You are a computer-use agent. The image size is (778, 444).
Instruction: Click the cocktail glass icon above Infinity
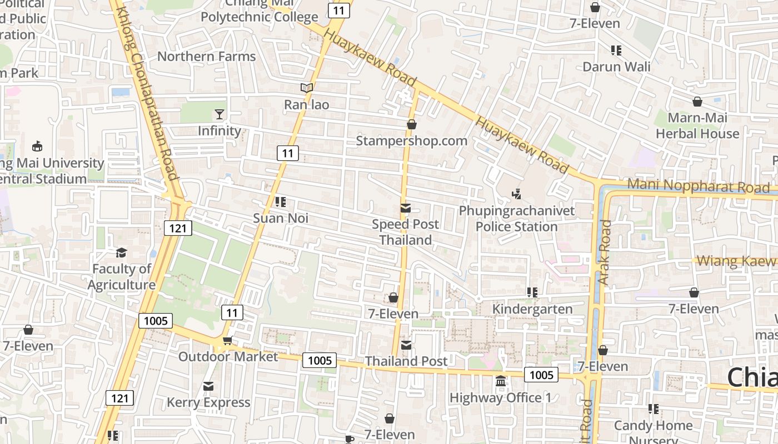(220, 114)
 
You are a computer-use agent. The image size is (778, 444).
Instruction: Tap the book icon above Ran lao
(307, 88)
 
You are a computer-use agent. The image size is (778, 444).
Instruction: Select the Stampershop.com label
(411, 141)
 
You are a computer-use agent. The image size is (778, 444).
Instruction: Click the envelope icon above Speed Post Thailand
(406, 208)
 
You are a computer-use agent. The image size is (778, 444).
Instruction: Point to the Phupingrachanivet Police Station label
(517, 219)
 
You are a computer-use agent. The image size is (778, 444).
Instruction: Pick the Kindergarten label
(532, 309)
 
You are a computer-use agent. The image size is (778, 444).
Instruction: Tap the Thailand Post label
(406, 361)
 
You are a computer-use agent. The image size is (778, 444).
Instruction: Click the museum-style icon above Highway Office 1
(501, 381)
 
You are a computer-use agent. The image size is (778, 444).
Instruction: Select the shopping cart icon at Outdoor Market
(227, 340)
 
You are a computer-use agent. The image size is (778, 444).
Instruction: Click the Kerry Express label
(208, 402)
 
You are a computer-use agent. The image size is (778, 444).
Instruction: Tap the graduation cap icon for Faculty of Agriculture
(121, 253)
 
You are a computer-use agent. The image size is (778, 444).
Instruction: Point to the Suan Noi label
(281, 218)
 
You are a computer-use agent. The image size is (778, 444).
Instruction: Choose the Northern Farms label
(206, 57)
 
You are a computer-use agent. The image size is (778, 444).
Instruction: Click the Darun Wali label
(616, 67)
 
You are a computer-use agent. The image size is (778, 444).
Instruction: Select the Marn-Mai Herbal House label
(697, 126)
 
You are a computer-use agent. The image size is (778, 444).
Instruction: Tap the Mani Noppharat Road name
(698, 186)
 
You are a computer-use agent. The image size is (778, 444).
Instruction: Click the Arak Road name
(605, 253)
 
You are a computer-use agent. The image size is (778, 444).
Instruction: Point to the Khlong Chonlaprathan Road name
(148, 94)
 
